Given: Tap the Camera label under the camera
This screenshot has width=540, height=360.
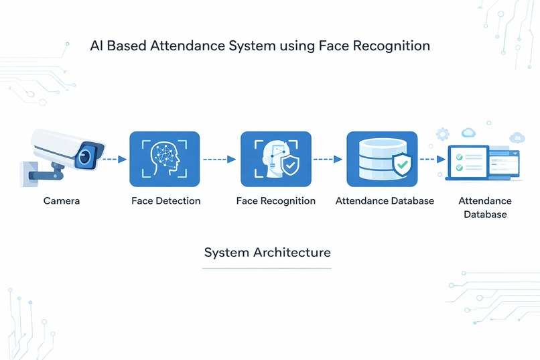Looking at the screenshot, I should coord(62,200).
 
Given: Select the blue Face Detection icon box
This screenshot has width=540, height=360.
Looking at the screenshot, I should coord(164,159).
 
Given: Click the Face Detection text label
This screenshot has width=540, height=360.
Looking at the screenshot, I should coord(165,200).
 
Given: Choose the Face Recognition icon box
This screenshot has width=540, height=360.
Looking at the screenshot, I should coord(275,159).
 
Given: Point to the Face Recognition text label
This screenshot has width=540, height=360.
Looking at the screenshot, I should coord(275,200).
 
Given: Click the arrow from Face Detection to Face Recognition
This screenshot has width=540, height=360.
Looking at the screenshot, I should coord(219,160).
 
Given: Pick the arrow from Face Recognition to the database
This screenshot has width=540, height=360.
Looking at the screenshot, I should coord(328,160).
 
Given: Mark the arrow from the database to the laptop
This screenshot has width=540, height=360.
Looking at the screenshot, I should coord(432,160).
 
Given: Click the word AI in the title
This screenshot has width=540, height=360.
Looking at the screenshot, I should coord(96,46).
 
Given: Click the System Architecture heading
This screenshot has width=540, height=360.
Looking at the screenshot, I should coord(267,253).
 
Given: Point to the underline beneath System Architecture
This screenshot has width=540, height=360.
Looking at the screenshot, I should coord(267,268).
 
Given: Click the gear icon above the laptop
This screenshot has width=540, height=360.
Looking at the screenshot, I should coord(442,134).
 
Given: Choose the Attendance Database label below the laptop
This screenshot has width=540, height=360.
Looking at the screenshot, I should coord(484,208).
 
